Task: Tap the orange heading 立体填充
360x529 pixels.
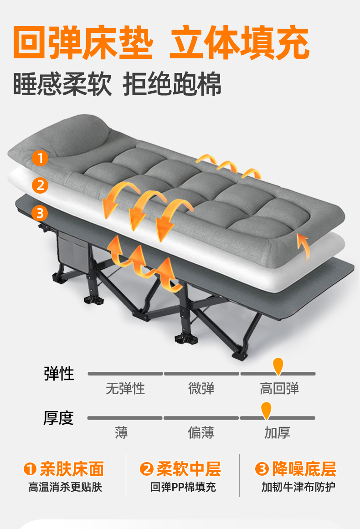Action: pos(239,43)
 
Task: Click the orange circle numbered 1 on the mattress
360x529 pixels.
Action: pos(40,159)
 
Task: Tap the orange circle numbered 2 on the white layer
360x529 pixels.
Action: pos(40,185)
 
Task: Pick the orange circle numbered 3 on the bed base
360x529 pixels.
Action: pos(40,212)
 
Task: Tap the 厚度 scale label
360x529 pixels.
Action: pos(59,417)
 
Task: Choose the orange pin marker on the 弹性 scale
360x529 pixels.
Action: pos(278,365)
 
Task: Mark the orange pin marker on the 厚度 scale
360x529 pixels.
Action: pos(266,409)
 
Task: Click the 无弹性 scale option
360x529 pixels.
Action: pos(125,389)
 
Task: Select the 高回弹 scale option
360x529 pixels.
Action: pos(279,389)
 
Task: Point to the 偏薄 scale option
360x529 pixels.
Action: pos(201,432)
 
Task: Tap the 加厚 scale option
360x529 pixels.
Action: pos(277,432)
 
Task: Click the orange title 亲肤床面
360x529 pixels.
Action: pos(72,468)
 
